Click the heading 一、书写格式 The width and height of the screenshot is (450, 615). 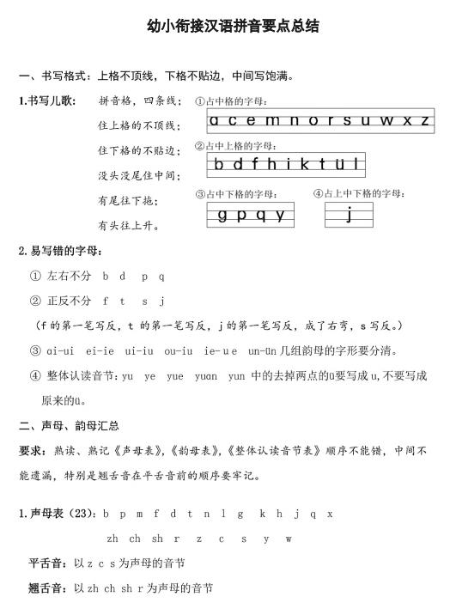(51, 76)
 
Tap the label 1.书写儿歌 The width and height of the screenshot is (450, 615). (46, 100)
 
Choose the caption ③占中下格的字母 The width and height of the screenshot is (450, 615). (238, 194)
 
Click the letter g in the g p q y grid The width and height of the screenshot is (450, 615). (222, 215)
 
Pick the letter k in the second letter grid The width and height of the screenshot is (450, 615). (301, 164)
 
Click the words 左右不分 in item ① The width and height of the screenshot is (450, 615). (70, 277)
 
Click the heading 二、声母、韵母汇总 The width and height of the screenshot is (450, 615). (69, 425)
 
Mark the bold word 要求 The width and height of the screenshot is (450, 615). (32, 450)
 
